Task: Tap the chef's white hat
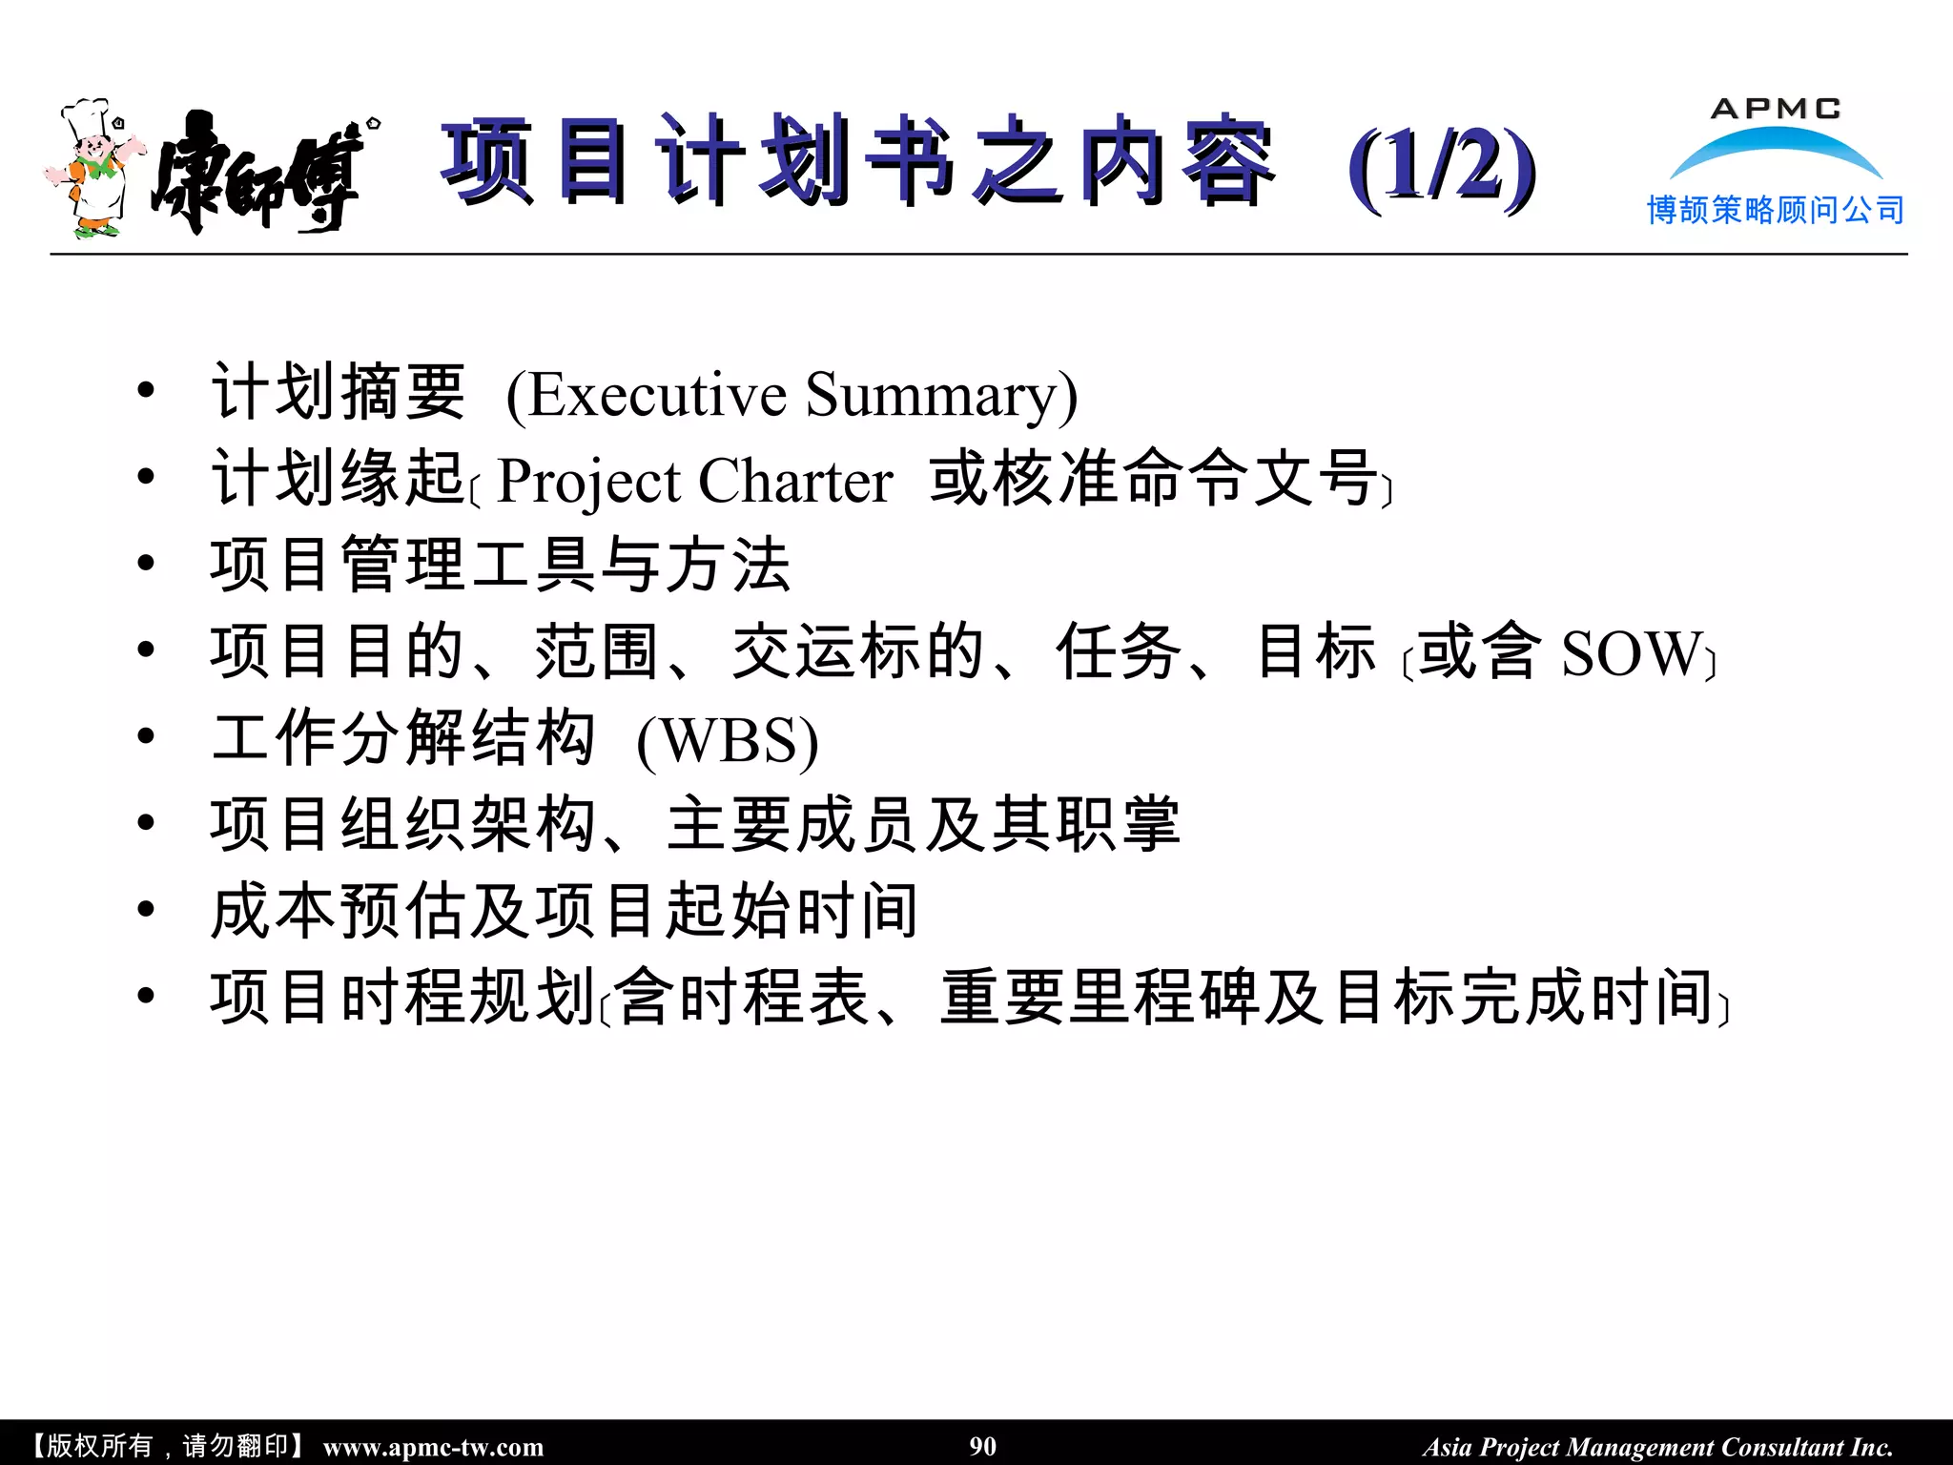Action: tap(86, 116)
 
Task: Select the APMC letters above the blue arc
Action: tap(1776, 109)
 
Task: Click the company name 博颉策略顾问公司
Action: tap(1776, 210)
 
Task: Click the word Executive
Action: tap(658, 395)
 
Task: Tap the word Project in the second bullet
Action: tap(589, 481)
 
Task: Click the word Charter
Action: tap(796, 481)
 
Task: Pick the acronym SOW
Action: tap(1631, 654)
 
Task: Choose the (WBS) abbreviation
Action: tap(728, 741)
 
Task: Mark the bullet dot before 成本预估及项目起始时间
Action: tap(146, 909)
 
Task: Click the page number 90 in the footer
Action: tap(983, 1446)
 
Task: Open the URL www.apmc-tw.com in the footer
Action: tap(433, 1447)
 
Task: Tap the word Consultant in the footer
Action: tap(1782, 1447)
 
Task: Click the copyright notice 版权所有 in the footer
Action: tap(99, 1446)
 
